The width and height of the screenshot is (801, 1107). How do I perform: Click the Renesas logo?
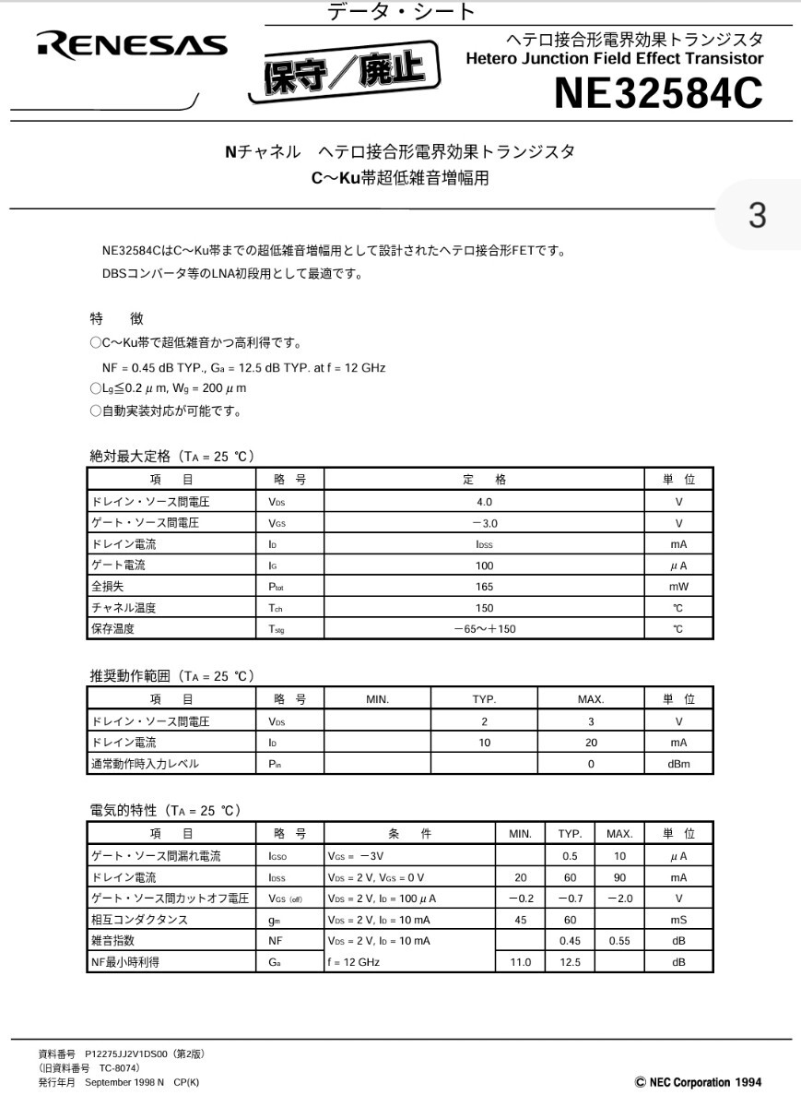[133, 46]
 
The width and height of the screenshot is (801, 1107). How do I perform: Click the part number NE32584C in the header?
[658, 93]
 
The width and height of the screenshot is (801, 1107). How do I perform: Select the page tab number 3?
[758, 215]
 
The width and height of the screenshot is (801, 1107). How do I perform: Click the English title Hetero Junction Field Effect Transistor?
[615, 59]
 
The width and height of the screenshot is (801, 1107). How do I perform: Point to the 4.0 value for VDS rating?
[484, 502]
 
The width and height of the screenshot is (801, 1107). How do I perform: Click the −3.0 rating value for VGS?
[484, 523]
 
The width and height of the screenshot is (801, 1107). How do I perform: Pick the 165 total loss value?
[484, 587]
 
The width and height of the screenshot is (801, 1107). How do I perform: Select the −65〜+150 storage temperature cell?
[484, 629]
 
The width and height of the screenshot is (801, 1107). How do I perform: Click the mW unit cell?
[678, 587]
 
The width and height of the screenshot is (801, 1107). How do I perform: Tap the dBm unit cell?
[678, 763]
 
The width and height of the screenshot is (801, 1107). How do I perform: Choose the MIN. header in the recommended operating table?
[377, 699]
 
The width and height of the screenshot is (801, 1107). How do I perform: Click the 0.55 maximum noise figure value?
[619, 940]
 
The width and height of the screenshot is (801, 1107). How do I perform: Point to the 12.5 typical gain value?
[570, 961]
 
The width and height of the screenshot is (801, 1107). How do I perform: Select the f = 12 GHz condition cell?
[355, 961]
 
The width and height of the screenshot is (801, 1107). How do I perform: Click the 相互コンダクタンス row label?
[139, 919]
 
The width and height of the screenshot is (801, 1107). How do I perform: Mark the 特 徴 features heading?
[116, 319]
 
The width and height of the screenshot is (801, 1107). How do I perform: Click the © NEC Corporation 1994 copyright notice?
[698, 1082]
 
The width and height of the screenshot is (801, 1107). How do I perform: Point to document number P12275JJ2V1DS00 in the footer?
[127, 1053]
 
